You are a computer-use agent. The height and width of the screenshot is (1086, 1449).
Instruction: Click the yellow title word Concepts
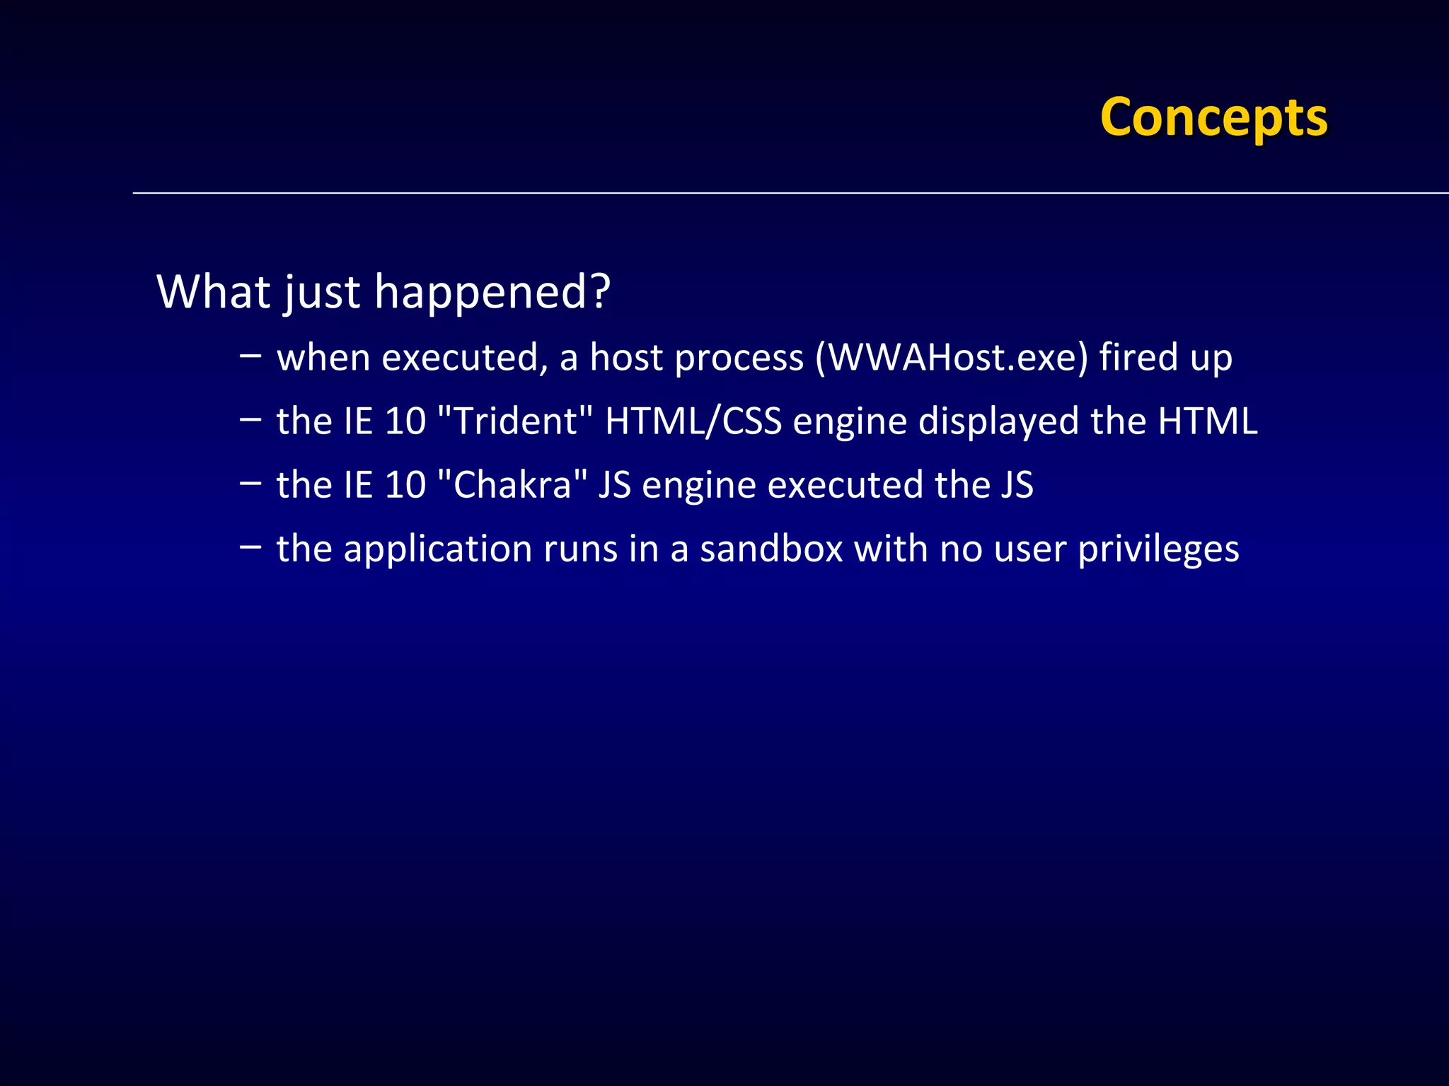(1213, 117)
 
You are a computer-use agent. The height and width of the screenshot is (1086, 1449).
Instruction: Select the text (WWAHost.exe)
(952, 357)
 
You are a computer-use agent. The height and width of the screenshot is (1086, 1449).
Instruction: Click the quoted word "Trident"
(515, 421)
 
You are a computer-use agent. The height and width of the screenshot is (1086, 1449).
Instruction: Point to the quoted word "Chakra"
(513, 485)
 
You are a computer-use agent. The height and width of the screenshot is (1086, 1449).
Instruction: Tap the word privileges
(1158, 549)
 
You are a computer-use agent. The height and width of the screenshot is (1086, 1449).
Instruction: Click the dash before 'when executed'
(250, 354)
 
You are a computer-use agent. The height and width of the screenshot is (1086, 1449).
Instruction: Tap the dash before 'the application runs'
(250, 546)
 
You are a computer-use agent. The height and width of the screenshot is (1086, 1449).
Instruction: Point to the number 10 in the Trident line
(405, 421)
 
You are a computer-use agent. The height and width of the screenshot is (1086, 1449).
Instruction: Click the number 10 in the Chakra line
(405, 485)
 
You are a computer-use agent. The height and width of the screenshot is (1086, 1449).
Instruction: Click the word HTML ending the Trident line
(1207, 421)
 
